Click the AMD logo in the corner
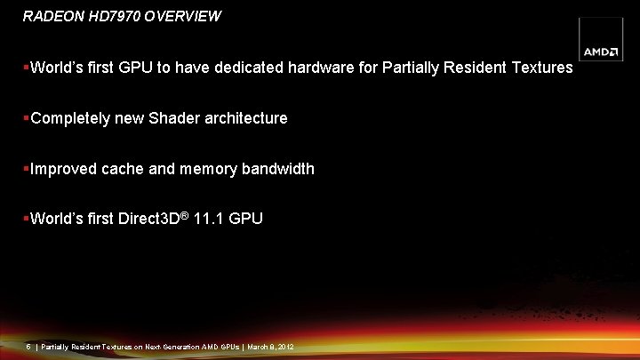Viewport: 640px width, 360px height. tap(600, 52)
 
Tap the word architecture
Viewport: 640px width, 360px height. tap(246, 118)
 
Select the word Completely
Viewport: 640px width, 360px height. tap(70, 118)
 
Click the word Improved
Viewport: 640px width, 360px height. tap(61, 169)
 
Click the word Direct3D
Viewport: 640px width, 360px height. tap(148, 219)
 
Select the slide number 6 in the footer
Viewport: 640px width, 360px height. tap(29, 346)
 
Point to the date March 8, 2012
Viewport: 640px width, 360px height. tap(271, 346)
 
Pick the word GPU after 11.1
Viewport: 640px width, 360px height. tap(245, 219)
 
